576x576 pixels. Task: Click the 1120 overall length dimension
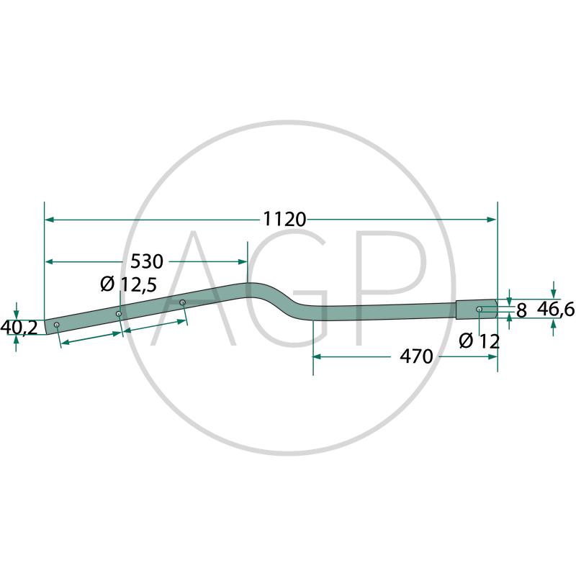(x=284, y=220)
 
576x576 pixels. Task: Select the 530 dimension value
(x=147, y=261)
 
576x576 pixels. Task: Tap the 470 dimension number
(x=417, y=356)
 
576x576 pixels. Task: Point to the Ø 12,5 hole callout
(x=129, y=284)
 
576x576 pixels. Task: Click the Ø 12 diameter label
(x=480, y=341)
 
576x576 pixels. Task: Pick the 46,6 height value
(x=555, y=310)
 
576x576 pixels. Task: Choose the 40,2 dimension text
(x=19, y=328)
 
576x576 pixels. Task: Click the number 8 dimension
(x=521, y=311)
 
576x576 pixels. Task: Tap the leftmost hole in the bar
(x=57, y=325)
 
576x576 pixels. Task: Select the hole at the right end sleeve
(x=479, y=310)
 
